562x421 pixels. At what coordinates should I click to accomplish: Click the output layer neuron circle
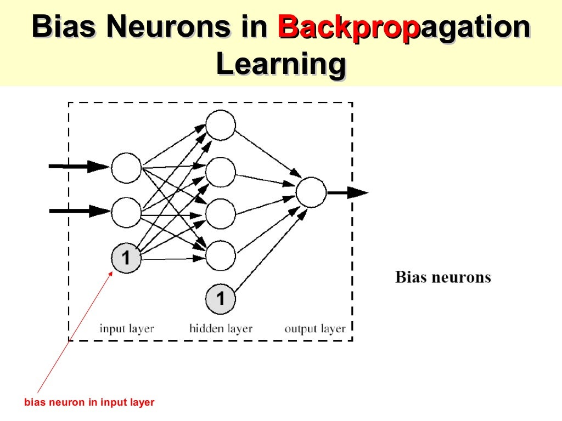[311, 192]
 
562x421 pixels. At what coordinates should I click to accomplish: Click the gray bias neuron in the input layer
[126, 257]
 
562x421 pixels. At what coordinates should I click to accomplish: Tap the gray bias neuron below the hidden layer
[221, 299]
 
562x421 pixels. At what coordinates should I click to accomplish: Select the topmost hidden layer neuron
[221, 125]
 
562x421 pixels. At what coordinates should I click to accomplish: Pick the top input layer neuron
[126, 168]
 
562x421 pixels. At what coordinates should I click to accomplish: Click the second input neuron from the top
[126, 212]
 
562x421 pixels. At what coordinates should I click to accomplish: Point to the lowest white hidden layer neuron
[221, 255]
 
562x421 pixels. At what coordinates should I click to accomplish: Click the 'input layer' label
[127, 329]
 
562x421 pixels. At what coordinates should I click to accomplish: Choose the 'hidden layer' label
[221, 329]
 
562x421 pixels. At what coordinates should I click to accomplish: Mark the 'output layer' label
[315, 329]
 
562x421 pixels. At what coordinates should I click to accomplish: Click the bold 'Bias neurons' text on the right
[443, 277]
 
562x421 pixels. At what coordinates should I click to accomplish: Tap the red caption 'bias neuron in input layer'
[89, 402]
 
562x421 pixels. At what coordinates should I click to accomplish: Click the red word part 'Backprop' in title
[344, 27]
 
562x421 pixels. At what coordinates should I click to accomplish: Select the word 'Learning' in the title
[280, 65]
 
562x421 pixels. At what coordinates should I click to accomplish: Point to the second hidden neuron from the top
[221, 172]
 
